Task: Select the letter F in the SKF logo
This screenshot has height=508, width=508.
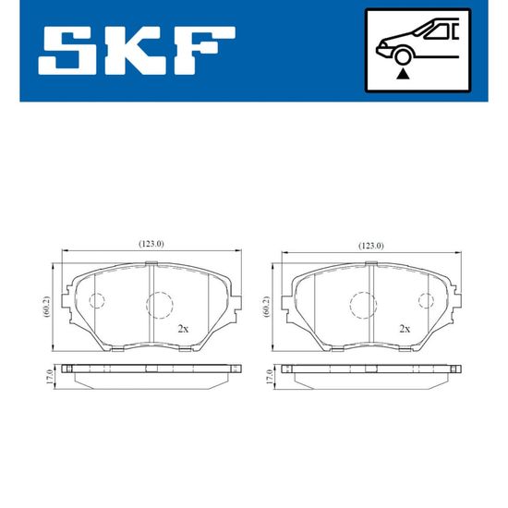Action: coord(203,51)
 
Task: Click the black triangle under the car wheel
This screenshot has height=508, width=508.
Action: coord(403,74)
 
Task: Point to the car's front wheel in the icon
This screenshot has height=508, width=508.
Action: coord(402,57)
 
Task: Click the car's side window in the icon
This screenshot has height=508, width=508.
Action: coord(438,31)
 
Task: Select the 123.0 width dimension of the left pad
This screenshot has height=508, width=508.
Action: coord(151,244)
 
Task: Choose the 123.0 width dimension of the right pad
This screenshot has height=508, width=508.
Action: coord(371,246)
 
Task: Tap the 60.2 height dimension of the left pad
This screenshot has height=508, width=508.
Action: coord(47,307)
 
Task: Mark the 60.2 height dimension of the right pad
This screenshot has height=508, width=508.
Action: coord(267,307)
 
